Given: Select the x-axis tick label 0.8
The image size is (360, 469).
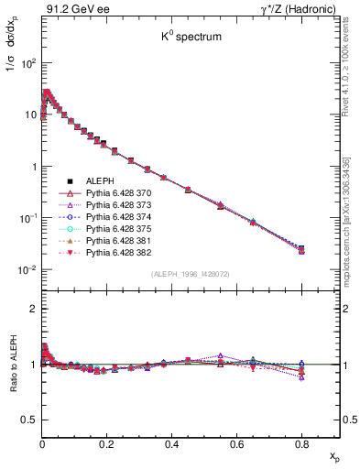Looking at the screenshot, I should coord(301,443).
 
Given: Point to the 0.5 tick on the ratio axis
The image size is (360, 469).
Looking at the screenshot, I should coord(28,420).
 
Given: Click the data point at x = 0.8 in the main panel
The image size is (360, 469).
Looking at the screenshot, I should coord(302,249).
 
